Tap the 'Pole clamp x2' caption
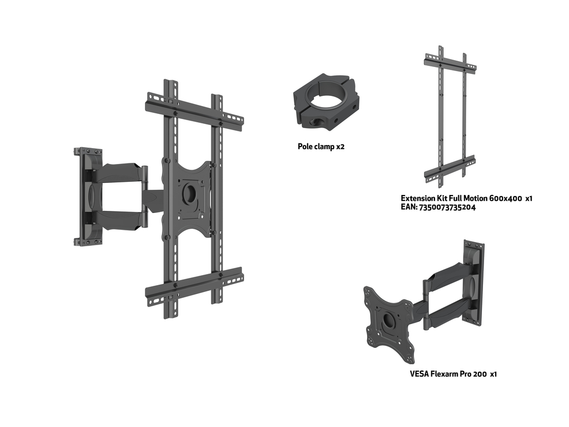pos(321,147)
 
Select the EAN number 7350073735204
pos(447,207)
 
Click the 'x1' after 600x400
pos(529,198)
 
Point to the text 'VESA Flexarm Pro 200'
pos(448,374)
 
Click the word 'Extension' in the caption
pos(417,198)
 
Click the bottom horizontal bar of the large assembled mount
pos(194,287)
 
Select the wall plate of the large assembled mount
pos(88,197)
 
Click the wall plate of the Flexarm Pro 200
pos(474,283)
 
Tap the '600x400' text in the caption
pos(506,198)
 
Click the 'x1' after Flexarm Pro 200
pos(493,374)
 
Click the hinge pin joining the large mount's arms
pos(145,197)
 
